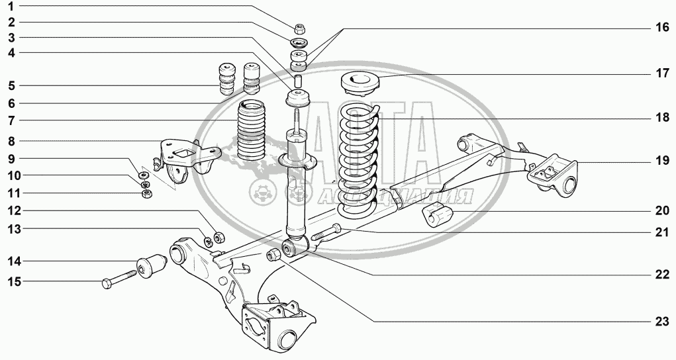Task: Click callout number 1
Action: click(x=11, y=6)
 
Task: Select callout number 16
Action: click(x=662, y=28)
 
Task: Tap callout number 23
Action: click(x=662, y=321)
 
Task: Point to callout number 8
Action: click(x=11, y=141)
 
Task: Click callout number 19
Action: click(x=662, y=161)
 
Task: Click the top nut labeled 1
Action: click(x=300, y=29)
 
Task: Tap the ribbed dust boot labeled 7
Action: click(x=252, y=130)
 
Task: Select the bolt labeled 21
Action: click(x=326, y=233)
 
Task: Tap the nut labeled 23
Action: click(x=273, y=254)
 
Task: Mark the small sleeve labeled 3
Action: click(x=297, y=80)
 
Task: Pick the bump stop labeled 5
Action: click(x=227, y=79)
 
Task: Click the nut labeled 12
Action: click(x=218, y=237)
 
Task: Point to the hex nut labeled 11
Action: click(x=147, y=193)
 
